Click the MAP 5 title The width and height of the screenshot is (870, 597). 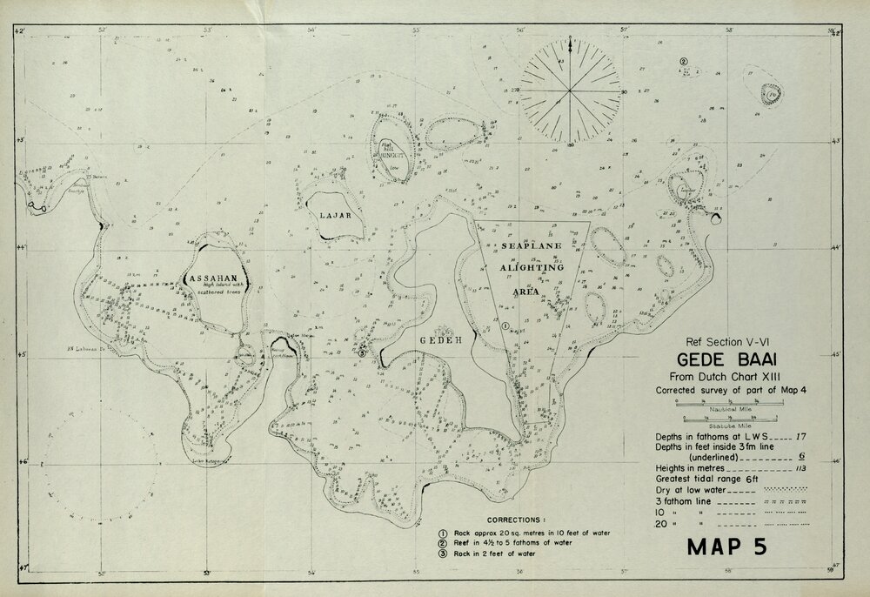click(x=739, y=549)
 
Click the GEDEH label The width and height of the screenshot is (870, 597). click(x=438, y=339)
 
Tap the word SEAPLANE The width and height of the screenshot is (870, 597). click(x=532, y=247)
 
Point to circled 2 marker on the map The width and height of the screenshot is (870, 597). click(x=684, y=62)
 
